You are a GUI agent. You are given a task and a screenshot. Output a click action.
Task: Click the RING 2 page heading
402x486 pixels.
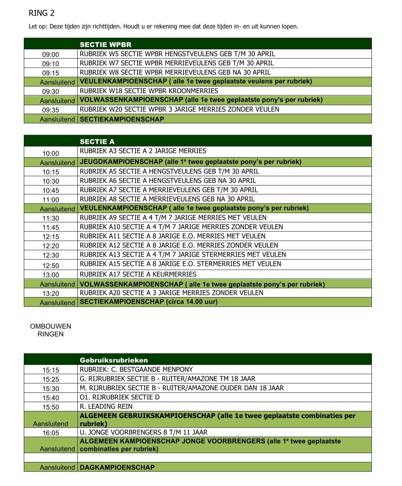[41, 13]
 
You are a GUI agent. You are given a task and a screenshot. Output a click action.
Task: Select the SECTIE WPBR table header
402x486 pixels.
[105, 45]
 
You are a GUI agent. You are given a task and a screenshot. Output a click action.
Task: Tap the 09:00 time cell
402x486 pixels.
[51, 55]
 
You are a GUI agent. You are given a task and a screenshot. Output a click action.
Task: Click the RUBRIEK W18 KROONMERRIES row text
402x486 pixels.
[149, 91]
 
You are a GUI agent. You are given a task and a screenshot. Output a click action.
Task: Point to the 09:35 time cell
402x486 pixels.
[51, 110]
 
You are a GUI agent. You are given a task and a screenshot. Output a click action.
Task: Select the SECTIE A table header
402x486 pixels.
[97, 141]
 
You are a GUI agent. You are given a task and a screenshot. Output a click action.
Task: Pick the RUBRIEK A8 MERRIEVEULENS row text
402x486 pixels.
[167, 199]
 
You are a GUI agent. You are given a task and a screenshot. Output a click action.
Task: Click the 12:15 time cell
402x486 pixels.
[51, 237]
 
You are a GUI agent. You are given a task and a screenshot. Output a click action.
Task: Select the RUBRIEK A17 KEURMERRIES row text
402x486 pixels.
[138, 274]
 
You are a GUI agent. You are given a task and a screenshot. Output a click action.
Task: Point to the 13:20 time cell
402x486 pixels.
[51, 294]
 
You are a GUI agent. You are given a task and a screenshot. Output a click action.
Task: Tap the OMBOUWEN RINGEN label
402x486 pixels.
[51, 330]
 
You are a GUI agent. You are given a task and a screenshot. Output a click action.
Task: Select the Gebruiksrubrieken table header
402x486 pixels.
[114, 360]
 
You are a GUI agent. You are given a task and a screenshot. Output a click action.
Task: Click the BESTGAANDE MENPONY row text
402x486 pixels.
[136, 370]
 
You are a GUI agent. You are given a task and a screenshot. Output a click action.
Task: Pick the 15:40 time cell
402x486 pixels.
[51, 398]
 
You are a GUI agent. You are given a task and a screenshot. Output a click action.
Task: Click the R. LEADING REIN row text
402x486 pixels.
[106, 406]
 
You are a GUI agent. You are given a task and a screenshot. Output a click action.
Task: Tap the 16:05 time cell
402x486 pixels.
[51, 433]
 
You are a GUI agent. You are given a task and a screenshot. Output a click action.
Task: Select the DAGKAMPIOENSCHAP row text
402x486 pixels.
[117, 467]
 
